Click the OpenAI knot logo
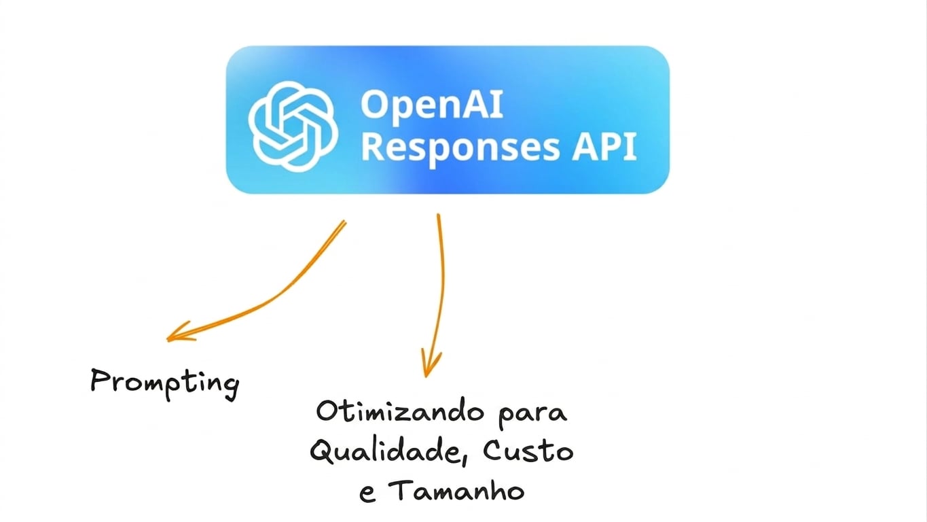pyautogui.click(x=293, y=126)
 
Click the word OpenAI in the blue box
pyautogui.click(x=432, y=105)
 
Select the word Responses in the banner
pyautogui.click(x=460, y=147)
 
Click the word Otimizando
pyautogui.click(x=400, y=411)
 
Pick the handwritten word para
pyautogui.click(x=532, y=415)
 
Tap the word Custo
pyautogui.click(x=528, y=451)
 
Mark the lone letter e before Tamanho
pyautogui.click(x=367, y=494)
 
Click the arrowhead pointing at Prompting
pyautogui.click(x=179, y=332)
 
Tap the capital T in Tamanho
pyautogui.click(x=401, y=489)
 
